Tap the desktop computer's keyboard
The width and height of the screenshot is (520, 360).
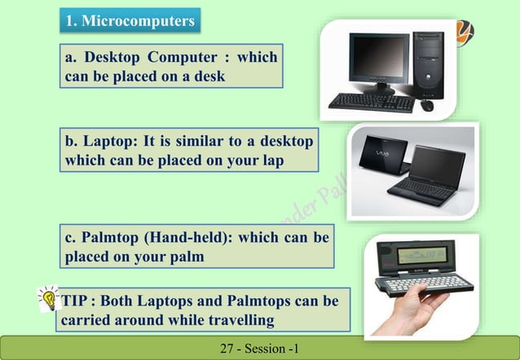point(371,101)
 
